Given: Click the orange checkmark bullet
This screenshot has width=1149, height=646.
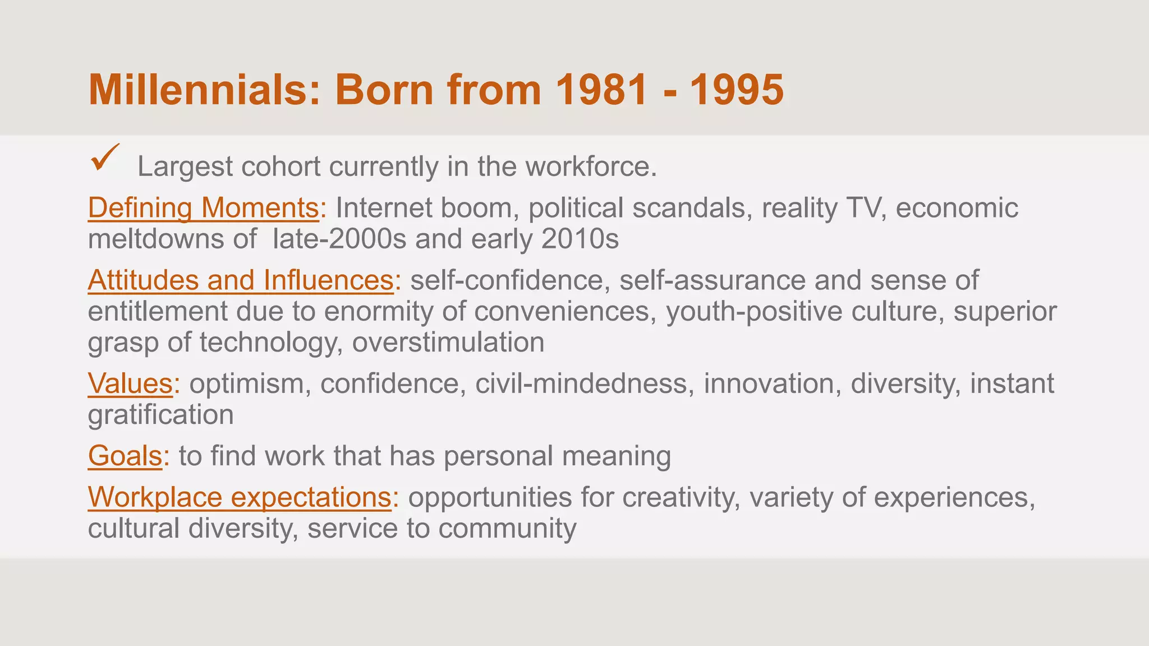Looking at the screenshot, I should [104, 158].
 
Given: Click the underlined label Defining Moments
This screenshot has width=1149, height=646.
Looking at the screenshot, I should [204, 208].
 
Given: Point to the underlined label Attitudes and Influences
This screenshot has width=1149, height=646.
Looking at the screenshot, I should [241, 280].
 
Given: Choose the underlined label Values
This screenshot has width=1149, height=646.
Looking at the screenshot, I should [130, 384].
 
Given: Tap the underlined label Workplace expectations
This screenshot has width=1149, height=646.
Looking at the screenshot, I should [240, 497].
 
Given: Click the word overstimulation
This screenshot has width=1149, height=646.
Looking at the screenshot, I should [448, 343].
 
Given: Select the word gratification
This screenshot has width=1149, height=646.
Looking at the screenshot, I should [161, 416].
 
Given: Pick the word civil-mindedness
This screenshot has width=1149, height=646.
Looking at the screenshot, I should [581, 384].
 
